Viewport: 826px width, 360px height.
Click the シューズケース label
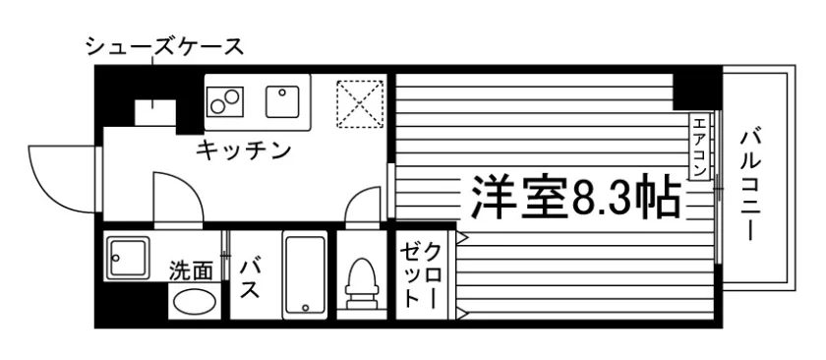click(x=165, y=47)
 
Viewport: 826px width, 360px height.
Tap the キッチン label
click(x=244, y=151)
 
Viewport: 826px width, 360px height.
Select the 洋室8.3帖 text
click(x=574, y=196)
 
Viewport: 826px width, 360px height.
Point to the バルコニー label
click(x=749, y=185)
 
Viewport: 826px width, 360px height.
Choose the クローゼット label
click(x=419, y=274)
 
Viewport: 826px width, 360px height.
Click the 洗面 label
click(x=191, y=271)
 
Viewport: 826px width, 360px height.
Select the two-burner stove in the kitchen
click(x=225, y=101)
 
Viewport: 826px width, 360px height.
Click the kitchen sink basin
click(x=283, y=101)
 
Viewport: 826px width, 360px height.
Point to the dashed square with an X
click(x=360, y=104)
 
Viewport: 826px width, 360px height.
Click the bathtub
click(x=305, y=275)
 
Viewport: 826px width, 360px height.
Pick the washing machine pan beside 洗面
click(x=128, y=259)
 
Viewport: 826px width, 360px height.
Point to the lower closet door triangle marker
click(x=462, y=314)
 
